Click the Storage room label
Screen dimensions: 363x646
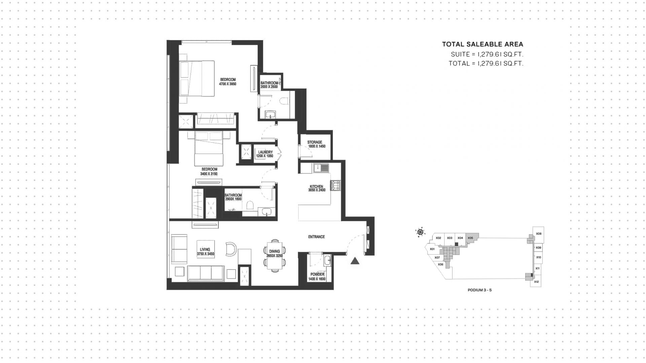pyautogui.click(x=315, y=142)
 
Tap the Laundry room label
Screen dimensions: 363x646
pyautogui.click(x=265, y=152)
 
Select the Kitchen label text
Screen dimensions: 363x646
pyautogui.click(x=316, y=187)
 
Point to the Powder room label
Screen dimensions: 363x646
pyautogui.click(x=317, y=274)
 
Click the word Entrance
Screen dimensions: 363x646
pyautogui.click(x=316, y=237)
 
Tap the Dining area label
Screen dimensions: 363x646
pyautogui.click(x=275, y=251)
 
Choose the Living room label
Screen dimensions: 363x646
pyautogui.click(x=205, y=250)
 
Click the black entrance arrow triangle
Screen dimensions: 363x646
pyautogui.click(x=355, y=261)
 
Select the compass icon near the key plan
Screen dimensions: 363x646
pyautogui.click(x=420, y=232)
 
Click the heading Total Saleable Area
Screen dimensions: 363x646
pyautogui.click(x=482, y=44)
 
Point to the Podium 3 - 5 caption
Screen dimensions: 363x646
pyautogui.click(x=479, y=290)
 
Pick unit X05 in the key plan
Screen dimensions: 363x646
pyautogui.click(x=470, y=238)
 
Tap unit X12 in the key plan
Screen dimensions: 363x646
pyautogui.click(x=536, y=282)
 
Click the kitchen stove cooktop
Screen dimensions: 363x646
pyautogui.click(x=335, y=186)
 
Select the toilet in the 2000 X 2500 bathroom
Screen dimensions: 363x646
pyautogui.click(x=285, y=101)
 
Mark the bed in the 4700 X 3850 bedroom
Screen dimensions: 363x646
pyautogui.click(x=197, y=78)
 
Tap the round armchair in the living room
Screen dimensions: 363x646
pyautogui.click(x=231, y=249)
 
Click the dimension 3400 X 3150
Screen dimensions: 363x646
pyautogui.click(x=209, y=174)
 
